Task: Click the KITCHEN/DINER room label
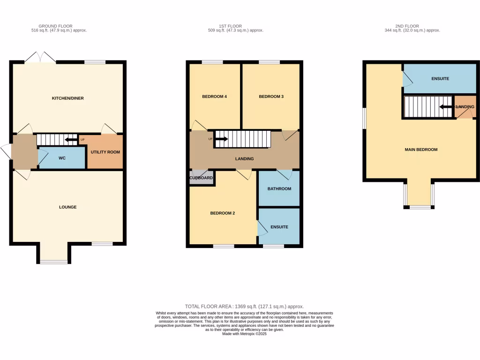pyautogui.click(x=67, y=98)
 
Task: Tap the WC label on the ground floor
pyautogui.click(x=62, y=158)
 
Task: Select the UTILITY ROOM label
pyautogui.click(x=105, y=152)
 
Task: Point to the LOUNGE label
pyautogui.click(x=67, y=207)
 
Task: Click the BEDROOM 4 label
pyautogui.click(x=214, y=97)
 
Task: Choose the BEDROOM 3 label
pyautogui.click(x=271, y=97)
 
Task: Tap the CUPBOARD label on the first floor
pyautogui.click(x=201, y=178)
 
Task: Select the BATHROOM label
pyautogui.click(x=279, y=189)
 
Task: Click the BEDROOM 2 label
pyautogui.click(x=222, y=213)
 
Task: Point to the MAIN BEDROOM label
pyautogui.click(x=421, y=150)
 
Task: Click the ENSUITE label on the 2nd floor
pyautogui.click(x=440, y=78)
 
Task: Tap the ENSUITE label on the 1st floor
pyautogui.click(x=279, y=227)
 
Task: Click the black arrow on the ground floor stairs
pyautogui.click(x=71, y=140)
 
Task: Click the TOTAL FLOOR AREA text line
pyautogui.click(x=241, y=306)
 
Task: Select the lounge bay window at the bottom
pyautogui.click(x=53, y=262)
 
